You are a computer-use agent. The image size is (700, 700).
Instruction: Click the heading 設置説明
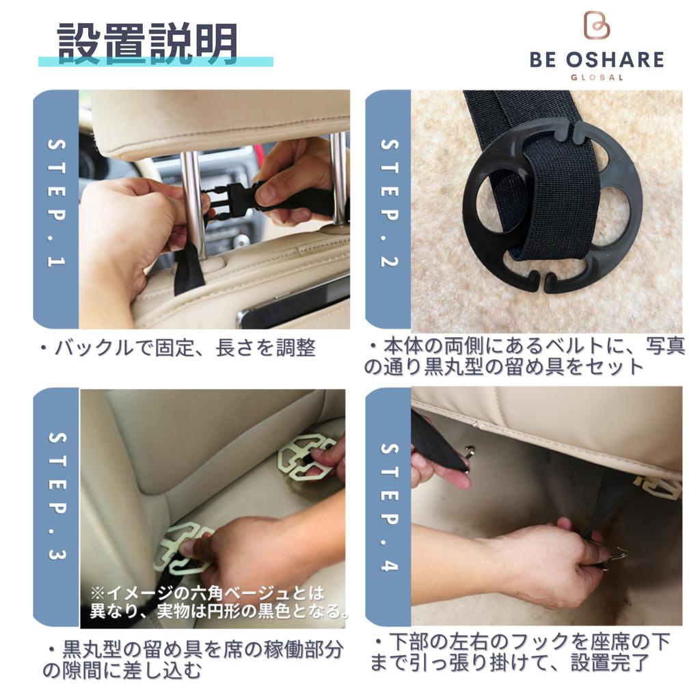(x=148, y=42)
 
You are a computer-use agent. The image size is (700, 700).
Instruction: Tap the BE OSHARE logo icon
(x=596, y=25)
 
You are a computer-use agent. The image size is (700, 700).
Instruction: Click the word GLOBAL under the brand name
(x=597, y=77)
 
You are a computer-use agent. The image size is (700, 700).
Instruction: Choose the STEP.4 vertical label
(x=388, y=507)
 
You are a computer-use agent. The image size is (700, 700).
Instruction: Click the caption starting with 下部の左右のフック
(x=521, y=652)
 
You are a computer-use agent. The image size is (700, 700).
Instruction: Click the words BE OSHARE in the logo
(x=596, y=59)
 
